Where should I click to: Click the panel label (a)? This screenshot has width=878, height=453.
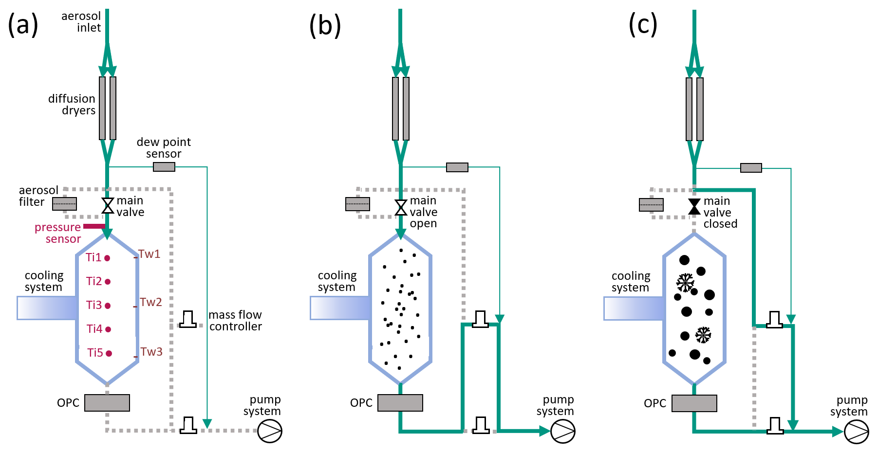23,24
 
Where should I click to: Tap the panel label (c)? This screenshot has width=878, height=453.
643,24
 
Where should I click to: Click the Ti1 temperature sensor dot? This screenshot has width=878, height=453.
107,258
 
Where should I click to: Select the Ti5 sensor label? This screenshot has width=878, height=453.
95,353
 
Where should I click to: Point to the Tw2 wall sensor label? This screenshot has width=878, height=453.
151,302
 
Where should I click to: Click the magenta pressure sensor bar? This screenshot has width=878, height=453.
94,226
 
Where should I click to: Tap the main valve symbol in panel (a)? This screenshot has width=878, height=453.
108,206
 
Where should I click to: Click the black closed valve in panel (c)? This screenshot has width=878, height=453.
694,206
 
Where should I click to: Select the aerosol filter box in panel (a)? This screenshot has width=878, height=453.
65,203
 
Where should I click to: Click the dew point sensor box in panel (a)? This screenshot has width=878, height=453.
164,167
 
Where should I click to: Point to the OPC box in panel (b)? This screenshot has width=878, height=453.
400,403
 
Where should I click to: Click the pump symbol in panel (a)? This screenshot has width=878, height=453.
270,431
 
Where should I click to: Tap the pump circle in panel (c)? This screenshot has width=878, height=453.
857,431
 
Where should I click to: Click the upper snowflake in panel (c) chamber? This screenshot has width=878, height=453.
685,283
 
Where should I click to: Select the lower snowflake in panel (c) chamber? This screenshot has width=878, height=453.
703,335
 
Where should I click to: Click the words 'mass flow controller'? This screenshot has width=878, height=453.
235,321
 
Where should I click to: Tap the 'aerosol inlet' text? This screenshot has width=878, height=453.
81,22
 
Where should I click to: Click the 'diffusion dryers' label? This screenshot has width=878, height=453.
72,105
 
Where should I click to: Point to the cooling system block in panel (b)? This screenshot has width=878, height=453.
340,308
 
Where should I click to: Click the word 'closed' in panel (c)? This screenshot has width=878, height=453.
721,224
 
